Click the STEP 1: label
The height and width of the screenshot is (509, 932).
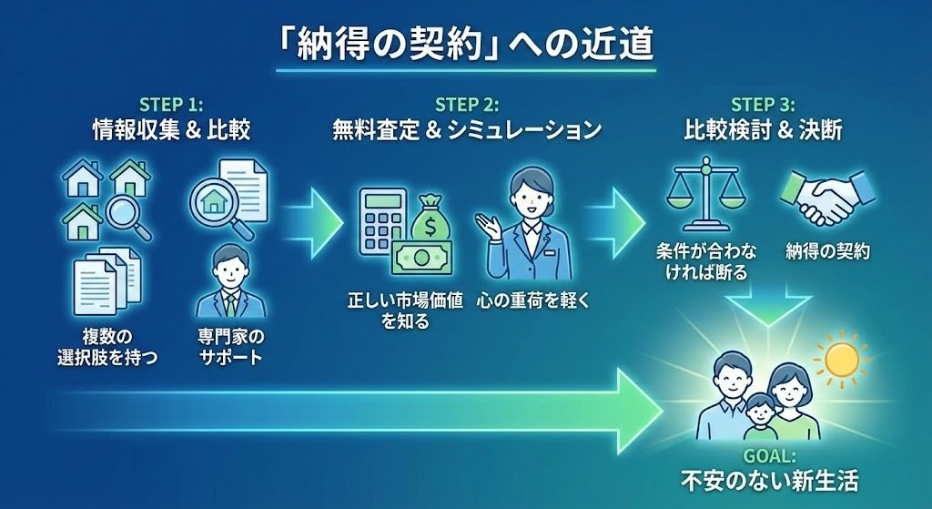pyautogui.click(x=171, y=105)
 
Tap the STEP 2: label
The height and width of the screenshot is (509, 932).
pyautogui.click(x=466, y=105)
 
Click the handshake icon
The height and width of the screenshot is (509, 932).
pyautogui.click(x=826, y=196)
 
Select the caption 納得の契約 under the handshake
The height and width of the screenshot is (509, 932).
pyautogui.click(x=827, y=250)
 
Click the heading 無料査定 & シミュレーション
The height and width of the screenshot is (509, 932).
pyautogui.click(x=466, y=131)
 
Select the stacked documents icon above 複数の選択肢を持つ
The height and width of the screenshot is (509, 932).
pyautogui.click(x=107, y=283)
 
